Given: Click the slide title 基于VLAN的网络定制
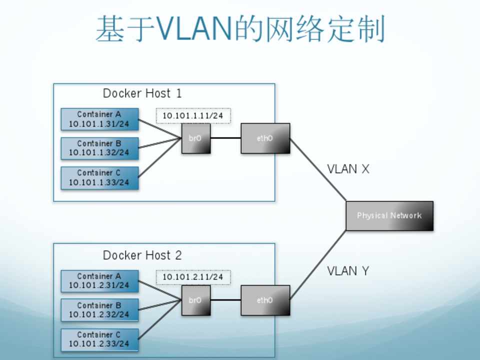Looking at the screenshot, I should coord(240,29).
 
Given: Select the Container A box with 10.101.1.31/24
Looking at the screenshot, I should coord(99,119).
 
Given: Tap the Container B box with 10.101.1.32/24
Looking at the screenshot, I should coord(99,148).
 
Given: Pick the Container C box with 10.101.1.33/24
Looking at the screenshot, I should coord(99,177).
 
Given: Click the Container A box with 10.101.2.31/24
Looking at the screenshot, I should coord(99,281).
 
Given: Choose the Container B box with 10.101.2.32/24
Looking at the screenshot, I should coord(99,310).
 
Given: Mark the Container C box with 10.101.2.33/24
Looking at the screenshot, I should coord(99,339).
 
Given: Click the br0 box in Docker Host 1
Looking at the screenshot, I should coord(195,138).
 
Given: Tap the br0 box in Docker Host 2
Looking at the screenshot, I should coord(195,300).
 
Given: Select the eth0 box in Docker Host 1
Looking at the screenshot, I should coord(265,138).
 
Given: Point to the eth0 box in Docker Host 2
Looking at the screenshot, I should coord(265,300).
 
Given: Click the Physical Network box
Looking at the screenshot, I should coord(389,215).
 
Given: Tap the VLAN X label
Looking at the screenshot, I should coord(348,169).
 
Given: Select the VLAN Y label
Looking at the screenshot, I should coord(348,271).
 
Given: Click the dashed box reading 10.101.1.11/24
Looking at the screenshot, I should coord(193,115).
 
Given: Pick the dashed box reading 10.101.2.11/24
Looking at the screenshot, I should coord(193,277).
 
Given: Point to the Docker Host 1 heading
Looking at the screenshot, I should coord(142,93).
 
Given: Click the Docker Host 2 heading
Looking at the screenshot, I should coord(142,255).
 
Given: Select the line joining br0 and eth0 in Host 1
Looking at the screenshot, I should coord(225,138).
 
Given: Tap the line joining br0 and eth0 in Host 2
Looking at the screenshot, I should coord(225,300).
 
